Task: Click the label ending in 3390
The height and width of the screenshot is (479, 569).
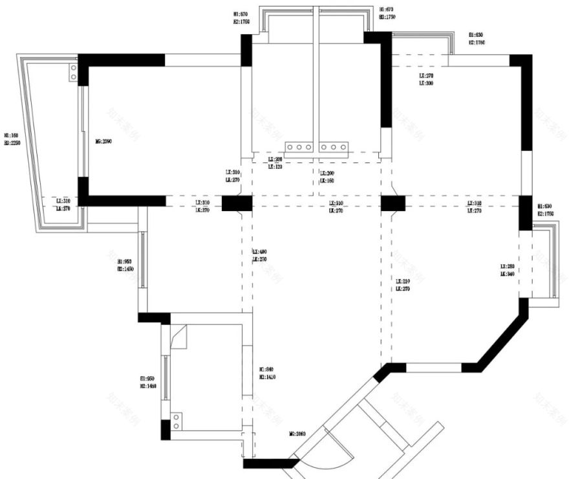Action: tap(104, 140)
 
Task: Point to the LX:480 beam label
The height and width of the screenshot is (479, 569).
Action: tap(259, 252)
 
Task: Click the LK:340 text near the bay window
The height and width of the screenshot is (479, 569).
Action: tap(507, 274)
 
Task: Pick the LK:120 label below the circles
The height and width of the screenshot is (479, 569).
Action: tap(275, 166)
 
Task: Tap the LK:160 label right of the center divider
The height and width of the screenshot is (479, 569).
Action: tap(327, 181)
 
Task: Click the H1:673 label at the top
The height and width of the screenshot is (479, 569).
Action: tap(387, 10)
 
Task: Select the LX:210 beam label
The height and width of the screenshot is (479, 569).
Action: tap(403, 282)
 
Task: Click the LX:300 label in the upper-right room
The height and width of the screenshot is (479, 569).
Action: tap(425, 84)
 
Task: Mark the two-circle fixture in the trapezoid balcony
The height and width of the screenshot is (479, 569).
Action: tap(73, 71)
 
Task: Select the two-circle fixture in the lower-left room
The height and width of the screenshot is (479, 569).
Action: tap(176, 422)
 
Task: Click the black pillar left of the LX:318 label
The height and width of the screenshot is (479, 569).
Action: tap(392, 203)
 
